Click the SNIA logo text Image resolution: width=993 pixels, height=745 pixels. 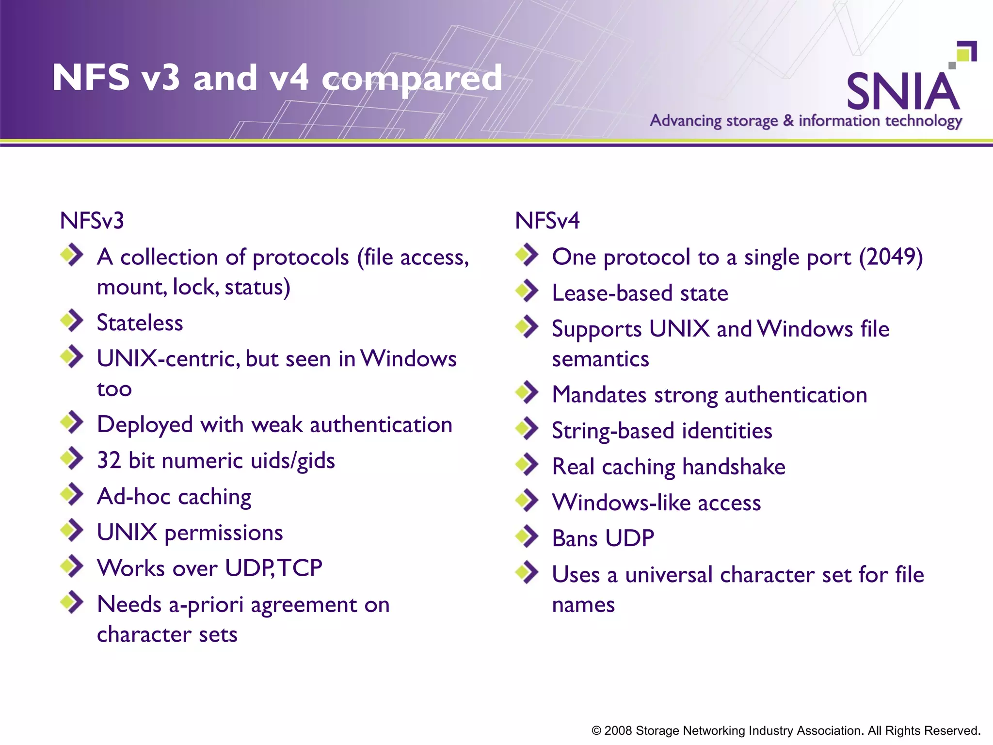pyautogui.click(x=903, y=91)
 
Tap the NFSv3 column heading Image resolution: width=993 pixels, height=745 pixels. pyautogui.click(x=92, y=221)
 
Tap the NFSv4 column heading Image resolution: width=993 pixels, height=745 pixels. pyautogui.click(x=547, y=221)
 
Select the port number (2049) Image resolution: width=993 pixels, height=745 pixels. pyautogui.click(x=891, y=257)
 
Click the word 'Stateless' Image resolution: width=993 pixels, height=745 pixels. pyautogui.click(x=140, y=323)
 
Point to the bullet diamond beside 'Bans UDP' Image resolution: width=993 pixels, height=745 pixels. pyautogui.click(x=527, y=536)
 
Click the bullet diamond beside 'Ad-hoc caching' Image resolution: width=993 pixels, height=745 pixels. pyautogui.click(x=72, y=494)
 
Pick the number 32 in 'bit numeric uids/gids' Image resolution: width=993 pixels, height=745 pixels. pyautogui.click(x=109, y=460)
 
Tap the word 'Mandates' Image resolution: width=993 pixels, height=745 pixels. pyautogui.click(x=599, y=395)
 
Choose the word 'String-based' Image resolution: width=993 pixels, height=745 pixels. pyautogui.click(x=612, y=431)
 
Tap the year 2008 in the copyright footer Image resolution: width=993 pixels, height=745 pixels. pyautogui.click(x=618, y=730)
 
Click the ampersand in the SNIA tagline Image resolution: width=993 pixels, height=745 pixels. pyautogui.click(x=788, y=120)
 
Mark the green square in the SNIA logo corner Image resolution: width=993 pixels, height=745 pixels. pyautogui.click(x=965, y=53)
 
